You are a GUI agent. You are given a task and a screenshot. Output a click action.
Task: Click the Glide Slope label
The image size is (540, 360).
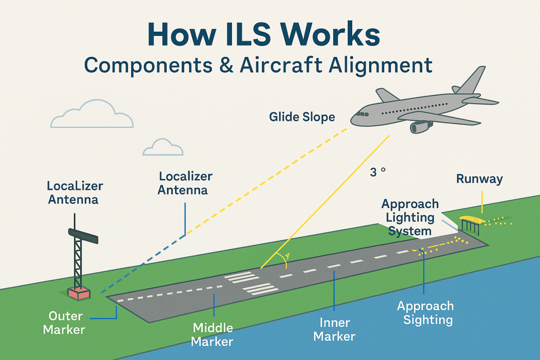[x=302, y=117]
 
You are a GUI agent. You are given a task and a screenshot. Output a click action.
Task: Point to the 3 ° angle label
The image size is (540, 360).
[x=378, y=172]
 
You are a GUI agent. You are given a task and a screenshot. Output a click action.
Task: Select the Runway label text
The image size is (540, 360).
[x=479, y=179]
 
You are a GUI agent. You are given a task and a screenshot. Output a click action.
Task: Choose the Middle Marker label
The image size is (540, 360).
[x=212, y=334]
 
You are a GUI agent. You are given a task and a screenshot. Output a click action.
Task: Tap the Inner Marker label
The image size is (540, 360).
[x=335, y=330]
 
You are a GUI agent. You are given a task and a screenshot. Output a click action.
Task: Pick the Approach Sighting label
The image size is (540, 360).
[x=425, y=313]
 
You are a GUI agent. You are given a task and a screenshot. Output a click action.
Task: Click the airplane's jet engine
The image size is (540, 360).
[x=421, y=127]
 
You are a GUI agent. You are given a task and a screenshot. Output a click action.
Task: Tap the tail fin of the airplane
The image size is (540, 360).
[x=471, y=80]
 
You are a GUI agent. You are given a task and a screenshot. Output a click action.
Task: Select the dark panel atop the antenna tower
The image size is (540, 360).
[x=83, y=235]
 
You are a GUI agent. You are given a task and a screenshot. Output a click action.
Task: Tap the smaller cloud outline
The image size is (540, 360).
[x=163, y=147]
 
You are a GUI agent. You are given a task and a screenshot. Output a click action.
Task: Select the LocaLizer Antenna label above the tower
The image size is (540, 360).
[x=75, y=192]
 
